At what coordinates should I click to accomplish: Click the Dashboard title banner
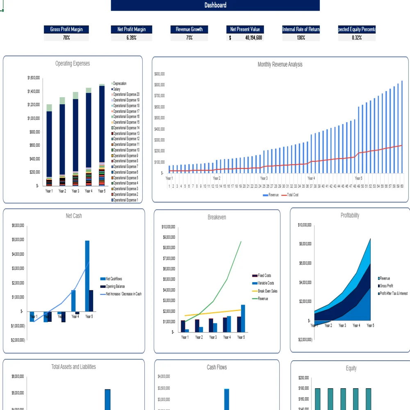(x=215, y=5)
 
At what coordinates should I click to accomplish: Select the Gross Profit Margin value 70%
(x=66, y=38)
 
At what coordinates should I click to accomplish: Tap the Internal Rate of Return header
(x=301, y=30)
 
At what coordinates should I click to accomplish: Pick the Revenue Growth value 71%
(x=189, y=38)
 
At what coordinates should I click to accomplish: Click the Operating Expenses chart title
(x=73, y=64)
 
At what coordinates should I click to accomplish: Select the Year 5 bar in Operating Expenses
(x=102, y=135)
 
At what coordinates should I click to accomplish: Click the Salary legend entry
(x=117, y=89)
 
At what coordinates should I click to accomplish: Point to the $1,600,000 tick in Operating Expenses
(x=34, y=77)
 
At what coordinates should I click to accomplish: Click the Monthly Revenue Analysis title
(x=280, y=64)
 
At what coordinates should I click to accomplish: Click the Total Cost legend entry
(x=292, y=195)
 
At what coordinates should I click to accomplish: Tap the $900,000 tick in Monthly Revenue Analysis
(x=159, y=74)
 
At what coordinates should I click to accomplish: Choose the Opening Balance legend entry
(x=115, y=287)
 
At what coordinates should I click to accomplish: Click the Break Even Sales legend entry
(x=267, y=291)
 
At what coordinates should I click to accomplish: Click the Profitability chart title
(x=350, y=215)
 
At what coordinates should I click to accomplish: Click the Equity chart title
(x=351, y=368)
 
